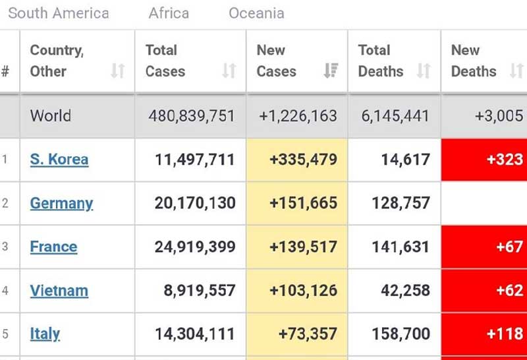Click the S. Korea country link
[59, 160]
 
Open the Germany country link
[61, 203]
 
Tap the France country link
[53, 247]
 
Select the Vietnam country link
[59, 291]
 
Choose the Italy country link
[45, 334]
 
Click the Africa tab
[169, 13]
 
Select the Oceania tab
[256, 13]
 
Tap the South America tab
[59, 13]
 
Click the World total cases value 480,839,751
[192, 116]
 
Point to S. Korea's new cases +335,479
[303, 160]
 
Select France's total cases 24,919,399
[195, 247]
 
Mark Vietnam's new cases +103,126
[303, 291]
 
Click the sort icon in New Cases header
[331, 71]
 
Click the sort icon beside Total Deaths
[424, 71]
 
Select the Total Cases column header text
[165, 61]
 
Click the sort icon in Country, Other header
[118, 71]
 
